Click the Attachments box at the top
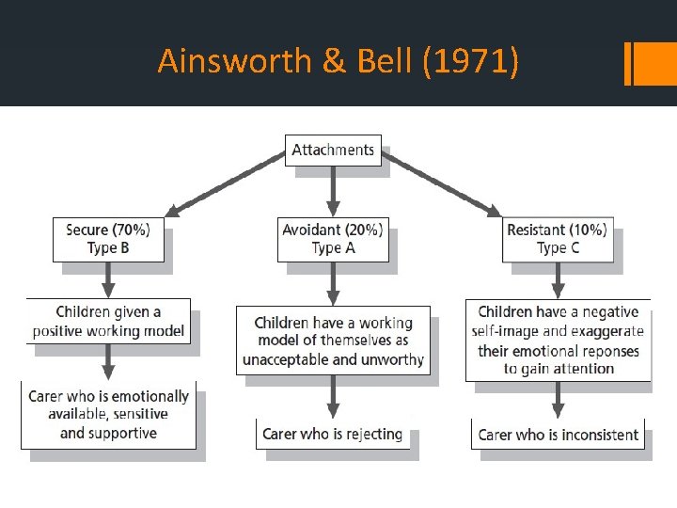[333, 151]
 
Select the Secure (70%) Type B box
[108, 239]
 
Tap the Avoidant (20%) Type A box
[333, 239]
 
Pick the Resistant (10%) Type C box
[558, 239]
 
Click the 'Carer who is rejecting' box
[333, 434]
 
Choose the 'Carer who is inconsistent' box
[559, 435]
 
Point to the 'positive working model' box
[108, 322]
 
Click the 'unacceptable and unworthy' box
[333, 341]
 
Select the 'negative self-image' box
[559, 340]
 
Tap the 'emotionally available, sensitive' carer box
[109, 415]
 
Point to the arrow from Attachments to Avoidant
[333, 192]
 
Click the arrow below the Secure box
[108, 279]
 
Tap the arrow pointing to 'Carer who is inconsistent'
[559, 400]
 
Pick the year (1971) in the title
[469, 62]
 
